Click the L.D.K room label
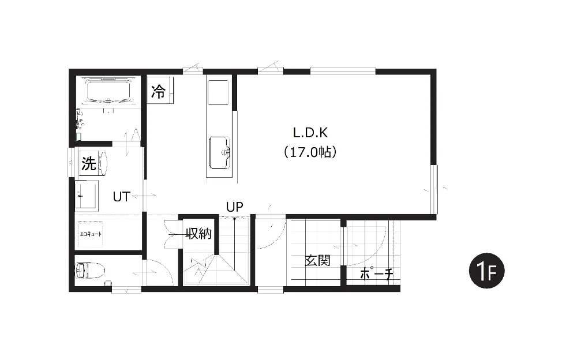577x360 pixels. (310, 133)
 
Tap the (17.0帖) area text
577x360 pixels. (310, 152)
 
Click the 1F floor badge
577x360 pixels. (486, 271)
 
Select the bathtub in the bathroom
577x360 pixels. (108, 90)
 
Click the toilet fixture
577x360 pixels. (89, 271)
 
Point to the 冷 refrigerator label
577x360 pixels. (158, 91)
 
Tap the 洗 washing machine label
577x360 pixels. (89, 163)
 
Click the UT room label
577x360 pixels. (121, 197)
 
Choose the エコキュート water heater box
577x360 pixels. (90, 234)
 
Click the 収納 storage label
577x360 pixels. (198, 233)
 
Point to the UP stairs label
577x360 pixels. (234, 207)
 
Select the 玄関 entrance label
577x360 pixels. (317, 261)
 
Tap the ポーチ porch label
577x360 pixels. (376, 273)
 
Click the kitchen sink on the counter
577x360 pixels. (220, 152)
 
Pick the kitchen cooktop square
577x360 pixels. (218, 92)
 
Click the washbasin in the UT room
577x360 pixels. (87, 196)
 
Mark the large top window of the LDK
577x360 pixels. (343, 71)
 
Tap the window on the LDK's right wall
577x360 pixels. (434, 189)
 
